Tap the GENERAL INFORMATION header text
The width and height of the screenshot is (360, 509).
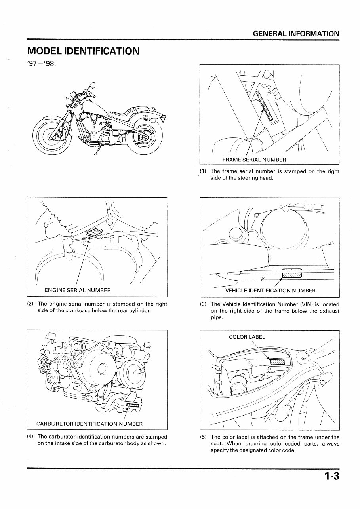tap(296, 34)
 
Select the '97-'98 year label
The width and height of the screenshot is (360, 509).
tap(41, 64)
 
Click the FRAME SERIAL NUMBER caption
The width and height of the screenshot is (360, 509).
tap(254, 160)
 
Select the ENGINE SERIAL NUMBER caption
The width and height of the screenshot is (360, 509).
tap(77, 290)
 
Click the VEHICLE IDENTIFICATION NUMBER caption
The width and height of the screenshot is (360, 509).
tap(270, 291)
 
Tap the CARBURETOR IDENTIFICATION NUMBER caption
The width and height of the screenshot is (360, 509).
tap(89, 424)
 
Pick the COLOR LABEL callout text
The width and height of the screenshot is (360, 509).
tap(247, 337)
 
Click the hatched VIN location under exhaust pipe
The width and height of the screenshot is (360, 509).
tap(292, 275)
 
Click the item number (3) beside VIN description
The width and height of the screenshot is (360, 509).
tap(203, 304)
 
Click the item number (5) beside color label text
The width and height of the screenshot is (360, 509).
tap(203, 437)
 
